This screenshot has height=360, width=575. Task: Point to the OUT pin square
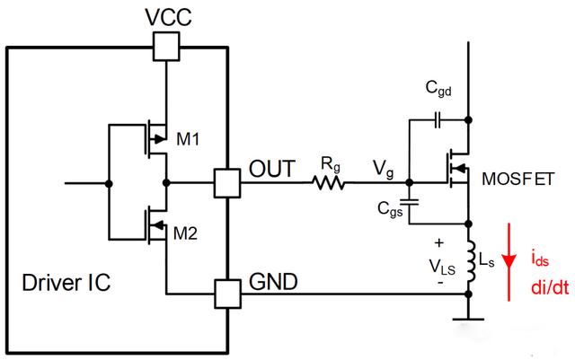pos(225,183)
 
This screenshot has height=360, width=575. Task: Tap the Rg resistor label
pos(331,162)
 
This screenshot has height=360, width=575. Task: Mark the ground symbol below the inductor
pos(467,317)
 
